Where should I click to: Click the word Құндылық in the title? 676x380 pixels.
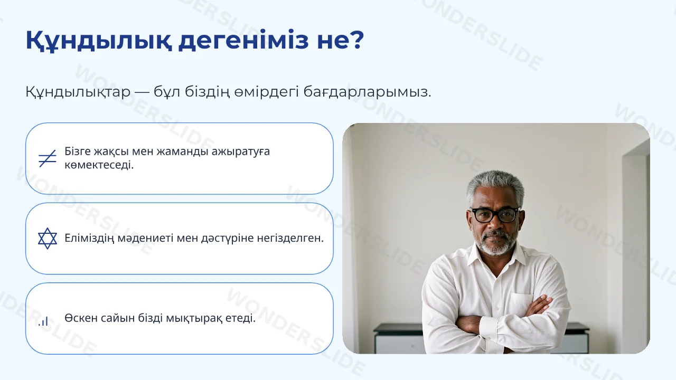pos(98,41)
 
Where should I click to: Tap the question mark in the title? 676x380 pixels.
pos(358,39)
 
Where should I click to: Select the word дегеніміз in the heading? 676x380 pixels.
pos(243,41)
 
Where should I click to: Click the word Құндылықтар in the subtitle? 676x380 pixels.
pos(78,92)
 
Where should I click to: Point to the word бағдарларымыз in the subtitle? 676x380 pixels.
pos(367,92)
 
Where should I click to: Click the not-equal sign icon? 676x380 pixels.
pos(48,158)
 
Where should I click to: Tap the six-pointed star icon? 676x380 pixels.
pos(48,238)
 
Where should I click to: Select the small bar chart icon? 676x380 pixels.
pos(43,321)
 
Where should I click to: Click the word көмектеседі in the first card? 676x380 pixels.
pos(99,165)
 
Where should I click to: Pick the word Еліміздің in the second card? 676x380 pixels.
pos(89,238)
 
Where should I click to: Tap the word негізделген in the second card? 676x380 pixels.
pos(290,238)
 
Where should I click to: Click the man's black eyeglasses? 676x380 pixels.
pos(495,215)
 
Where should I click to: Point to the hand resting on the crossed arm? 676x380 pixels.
pos(539,305)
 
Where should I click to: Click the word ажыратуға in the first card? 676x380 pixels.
pos(240,151)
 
